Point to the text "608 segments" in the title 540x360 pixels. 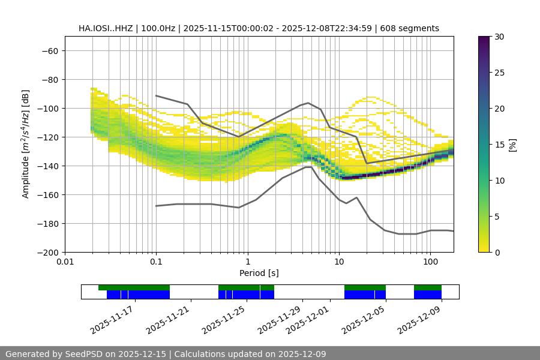[x=413, y=28]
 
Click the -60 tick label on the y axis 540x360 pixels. [x=49, y=51]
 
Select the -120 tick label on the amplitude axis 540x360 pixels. [x=47, y=137]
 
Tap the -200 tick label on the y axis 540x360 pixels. [x=47, y=253]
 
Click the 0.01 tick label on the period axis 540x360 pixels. [x=65, y=262]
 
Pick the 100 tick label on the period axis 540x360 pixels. [x=430, y=262]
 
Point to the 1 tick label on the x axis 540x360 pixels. [x=247, y=262]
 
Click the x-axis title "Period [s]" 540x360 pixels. [x=259, y=274]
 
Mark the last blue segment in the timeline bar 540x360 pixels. [x=428, y=295]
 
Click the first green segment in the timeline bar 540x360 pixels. [x=134, y=287]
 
